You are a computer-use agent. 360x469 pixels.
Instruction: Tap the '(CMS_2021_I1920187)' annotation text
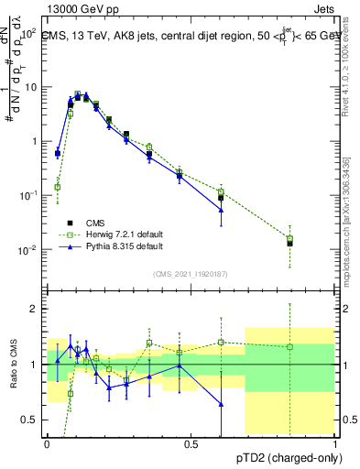click(191, 273)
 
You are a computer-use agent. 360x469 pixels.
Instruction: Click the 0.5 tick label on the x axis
click(191, 444)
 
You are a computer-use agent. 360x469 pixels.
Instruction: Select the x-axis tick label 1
click(335, 444)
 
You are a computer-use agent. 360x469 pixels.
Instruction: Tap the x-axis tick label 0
click(47, 444)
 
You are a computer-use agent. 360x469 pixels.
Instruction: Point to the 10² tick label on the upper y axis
click(30, 33)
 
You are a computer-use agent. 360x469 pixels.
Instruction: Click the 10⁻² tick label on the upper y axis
click(30, 250)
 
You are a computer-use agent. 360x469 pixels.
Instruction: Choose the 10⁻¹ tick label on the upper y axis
click(30, 196)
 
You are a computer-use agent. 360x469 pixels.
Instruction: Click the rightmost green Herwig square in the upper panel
click(289, 239)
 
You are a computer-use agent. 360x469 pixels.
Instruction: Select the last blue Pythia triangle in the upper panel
click(221, 210)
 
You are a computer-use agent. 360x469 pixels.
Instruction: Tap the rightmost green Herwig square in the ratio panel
click(289, 346)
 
